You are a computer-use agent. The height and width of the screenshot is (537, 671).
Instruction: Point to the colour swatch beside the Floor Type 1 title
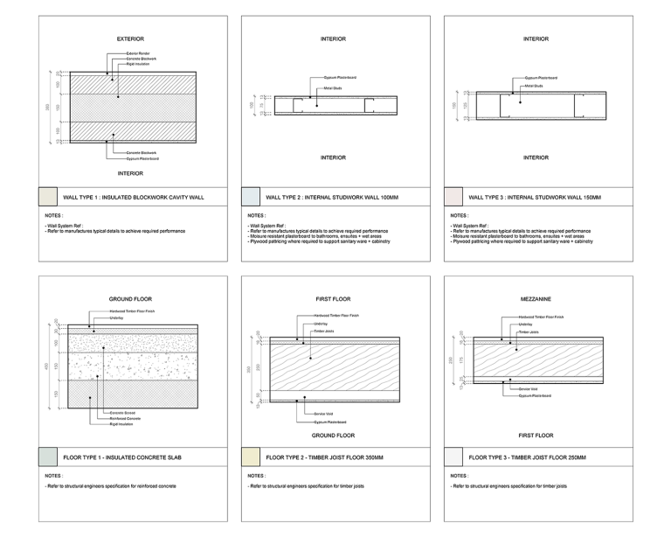pos(48,456)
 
